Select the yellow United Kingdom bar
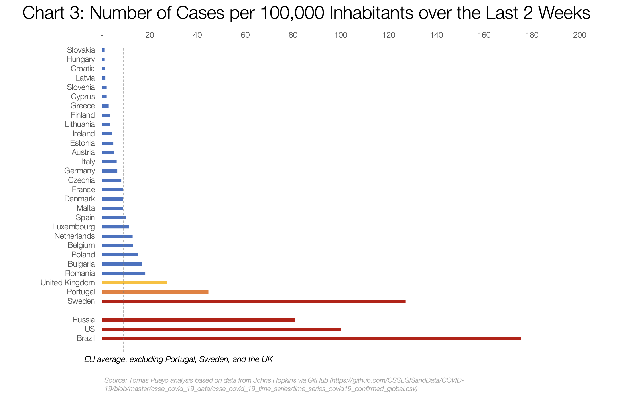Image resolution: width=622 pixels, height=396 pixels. click(135, 283)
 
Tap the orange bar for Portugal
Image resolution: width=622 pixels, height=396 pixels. click(155, 292)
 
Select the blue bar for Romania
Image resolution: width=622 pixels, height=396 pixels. click(124, 273)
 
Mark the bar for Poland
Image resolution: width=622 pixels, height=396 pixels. click(120, 255)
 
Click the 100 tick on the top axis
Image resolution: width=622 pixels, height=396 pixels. click(341, 35)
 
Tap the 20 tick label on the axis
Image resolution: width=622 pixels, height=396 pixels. click(150, 35)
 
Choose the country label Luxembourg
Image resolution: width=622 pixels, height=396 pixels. click(74, 227)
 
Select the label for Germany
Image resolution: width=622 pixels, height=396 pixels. click(80, 171)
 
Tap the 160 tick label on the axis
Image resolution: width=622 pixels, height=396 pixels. click(484, 35)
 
